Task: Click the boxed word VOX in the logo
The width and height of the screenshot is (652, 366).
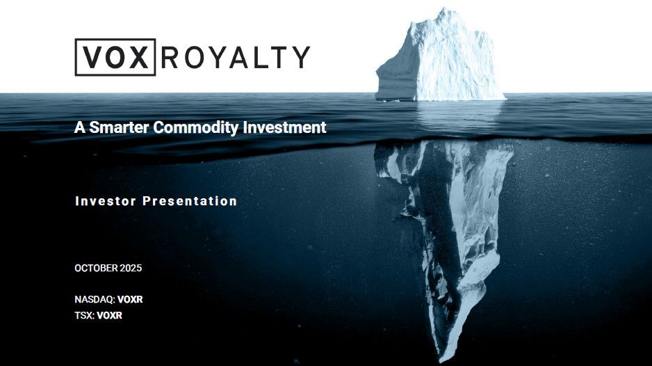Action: click(115, 57)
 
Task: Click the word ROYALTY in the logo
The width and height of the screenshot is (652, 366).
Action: click(235, 57)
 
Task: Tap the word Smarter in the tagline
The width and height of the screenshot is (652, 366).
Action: click(120, 128)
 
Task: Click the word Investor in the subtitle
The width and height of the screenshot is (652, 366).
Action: click(105, 201)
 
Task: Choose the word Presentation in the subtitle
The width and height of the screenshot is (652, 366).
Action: click(190, 201)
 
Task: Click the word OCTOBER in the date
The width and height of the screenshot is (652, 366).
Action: click(95, 268)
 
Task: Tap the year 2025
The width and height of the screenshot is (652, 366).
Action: click(131, 268)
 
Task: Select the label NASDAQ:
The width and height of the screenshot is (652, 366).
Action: click(95, 300)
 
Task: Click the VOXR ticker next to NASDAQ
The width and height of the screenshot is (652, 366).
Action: click(130, 300)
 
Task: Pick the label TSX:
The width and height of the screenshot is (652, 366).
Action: click(84, 315)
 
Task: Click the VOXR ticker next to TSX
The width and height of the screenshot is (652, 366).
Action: click(110, 315)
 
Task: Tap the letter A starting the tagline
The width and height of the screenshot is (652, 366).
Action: click(79, 128)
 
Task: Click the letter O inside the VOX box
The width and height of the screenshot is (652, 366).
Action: click(115, 57)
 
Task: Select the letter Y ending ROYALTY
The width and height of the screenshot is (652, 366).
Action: click(300, 57)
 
